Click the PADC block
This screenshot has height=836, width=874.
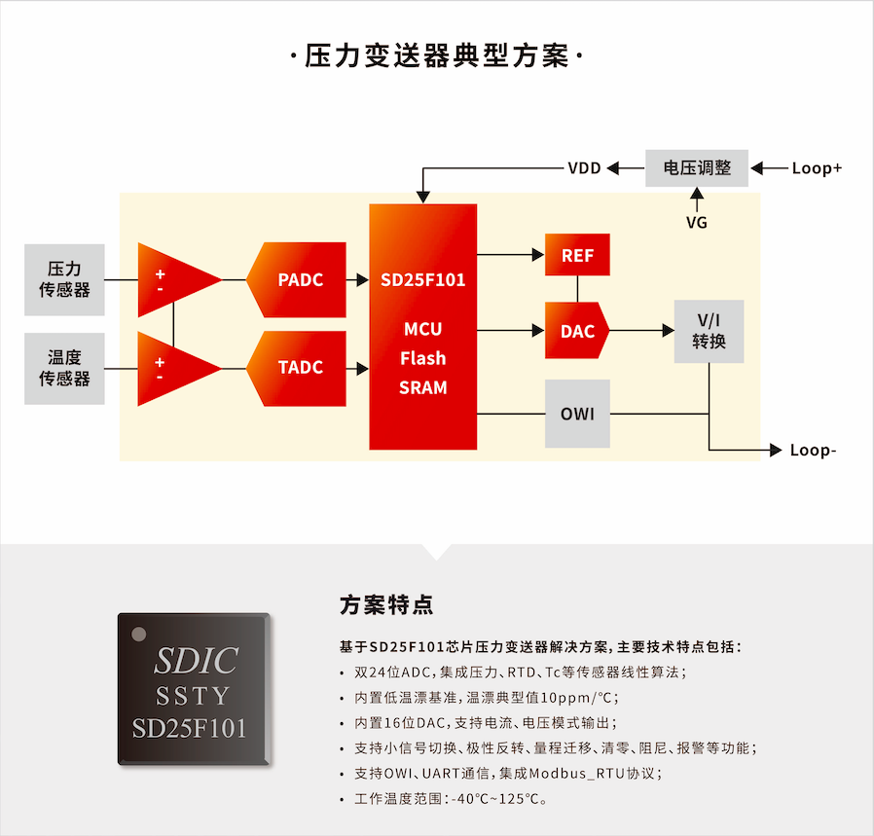(x=297, y=279)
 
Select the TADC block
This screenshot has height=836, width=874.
(x=297, y=369)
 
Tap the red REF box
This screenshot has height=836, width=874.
(x=577, y=255)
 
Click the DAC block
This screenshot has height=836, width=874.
(x=576, y=331)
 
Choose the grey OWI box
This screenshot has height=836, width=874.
(x=577, y=414)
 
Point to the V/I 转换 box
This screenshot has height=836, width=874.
(x=709, y=332)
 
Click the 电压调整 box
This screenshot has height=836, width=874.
(x=697, y=167)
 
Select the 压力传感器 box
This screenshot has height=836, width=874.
(x=64, y=279)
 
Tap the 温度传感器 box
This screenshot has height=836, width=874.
(x=64, y=369)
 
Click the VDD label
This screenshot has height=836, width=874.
(x=584, y=168)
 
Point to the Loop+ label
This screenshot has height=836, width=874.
(x=817, y=168)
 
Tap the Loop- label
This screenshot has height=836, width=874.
(x=814, y=451)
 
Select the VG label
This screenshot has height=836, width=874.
(x=697, y=223)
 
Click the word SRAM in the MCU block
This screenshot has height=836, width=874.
(x=423, y=387)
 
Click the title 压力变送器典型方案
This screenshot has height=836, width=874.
(x=437, y=56)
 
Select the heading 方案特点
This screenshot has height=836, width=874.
(x=386, y=605)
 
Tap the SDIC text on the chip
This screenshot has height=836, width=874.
(x=197, y=661)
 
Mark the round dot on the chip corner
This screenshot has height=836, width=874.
(x=139, y=635)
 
